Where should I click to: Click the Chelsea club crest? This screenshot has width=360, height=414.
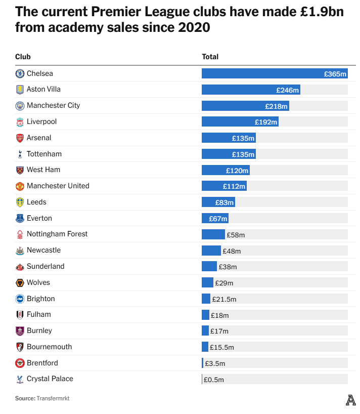coord(20,73)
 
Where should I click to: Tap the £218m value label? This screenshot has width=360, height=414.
coord(277,106)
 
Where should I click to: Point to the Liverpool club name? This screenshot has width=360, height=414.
coord(41,121)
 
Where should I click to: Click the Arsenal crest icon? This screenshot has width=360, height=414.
coord(20,138)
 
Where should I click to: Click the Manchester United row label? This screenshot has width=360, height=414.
coord(58,186)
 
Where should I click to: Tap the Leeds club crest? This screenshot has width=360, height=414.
coord(20,202)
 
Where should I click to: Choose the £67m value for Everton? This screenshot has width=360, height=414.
coord(218,219)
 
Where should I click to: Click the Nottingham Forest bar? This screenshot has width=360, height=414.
coord(213,234)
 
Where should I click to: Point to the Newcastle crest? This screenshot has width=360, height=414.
coord(20,251)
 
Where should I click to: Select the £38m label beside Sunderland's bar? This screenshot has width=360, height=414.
coord(228,267)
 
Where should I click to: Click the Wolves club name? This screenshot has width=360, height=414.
coord(38,282)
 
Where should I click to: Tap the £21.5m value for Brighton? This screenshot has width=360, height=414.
coord(224,299)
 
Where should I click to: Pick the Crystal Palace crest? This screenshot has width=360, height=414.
coord(20,379)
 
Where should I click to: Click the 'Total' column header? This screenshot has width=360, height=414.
coord(210,57)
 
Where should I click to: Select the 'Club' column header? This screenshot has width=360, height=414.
coord(23,57)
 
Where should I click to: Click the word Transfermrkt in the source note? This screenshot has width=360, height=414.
coord(53,398)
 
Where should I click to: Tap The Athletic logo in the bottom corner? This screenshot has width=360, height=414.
coord(350,400)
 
